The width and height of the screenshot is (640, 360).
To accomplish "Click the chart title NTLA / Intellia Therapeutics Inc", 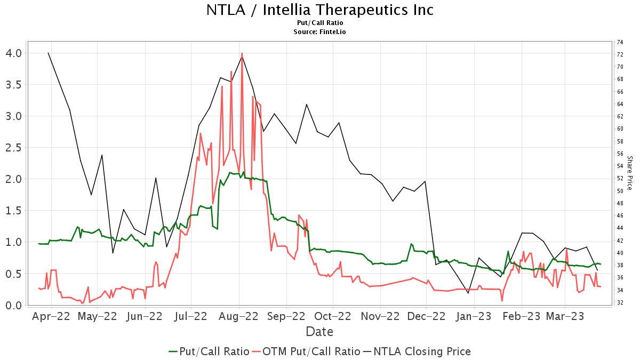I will [319, 10].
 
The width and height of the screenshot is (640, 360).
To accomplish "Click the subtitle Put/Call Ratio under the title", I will [319, 23].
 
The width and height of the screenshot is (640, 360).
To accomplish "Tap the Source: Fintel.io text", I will [319, 32].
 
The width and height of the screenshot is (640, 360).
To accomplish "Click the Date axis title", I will [319, 332].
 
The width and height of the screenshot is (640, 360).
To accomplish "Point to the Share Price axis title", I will [629, 173].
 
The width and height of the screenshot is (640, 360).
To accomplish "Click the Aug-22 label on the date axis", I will [239, 316].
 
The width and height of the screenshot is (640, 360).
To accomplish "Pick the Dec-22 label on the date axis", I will [427, 316].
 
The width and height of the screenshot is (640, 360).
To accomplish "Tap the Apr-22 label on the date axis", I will [51, 316].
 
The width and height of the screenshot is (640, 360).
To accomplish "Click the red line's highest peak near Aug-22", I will [242, 53].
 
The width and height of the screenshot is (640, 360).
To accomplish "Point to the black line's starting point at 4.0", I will [48, 53].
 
